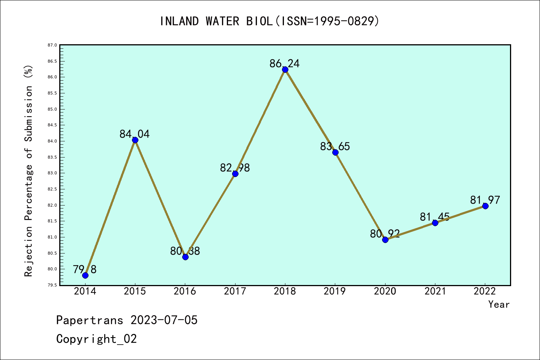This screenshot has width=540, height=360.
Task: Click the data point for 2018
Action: (x=285, y=69)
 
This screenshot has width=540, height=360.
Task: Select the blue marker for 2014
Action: (x=85, y=275)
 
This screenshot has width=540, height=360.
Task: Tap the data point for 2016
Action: (x=185, y=257)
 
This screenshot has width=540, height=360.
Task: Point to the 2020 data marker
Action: (x=385, y=240)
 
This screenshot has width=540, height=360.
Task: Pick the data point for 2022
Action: (x=485, y=206)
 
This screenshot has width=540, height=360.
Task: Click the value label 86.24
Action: (x=285, y=64)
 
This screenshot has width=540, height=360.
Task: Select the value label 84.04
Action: (x=135, y=134)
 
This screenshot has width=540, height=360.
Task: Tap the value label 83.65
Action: (x=335, y=147)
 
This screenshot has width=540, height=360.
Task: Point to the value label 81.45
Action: (x=435, y=217)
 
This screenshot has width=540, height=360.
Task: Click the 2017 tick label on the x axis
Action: (x=235, y=291)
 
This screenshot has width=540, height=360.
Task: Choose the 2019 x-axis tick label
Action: (x=335, y=291)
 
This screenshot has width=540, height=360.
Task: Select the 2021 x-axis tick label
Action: (x=435, y=291)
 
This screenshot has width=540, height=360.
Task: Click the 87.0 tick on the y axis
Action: (x=52, y=45)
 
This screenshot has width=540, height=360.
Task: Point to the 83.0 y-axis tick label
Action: (x=52, y=173)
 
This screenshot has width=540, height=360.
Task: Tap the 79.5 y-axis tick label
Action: (x=52, y=285)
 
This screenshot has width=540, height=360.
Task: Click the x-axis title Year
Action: (x=499, y=304)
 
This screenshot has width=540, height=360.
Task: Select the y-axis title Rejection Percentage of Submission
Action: (x=29, y=171)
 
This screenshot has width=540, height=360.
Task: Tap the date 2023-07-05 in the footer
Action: (x=164, y=320)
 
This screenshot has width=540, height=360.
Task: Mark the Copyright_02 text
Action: (x=96, y=339)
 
